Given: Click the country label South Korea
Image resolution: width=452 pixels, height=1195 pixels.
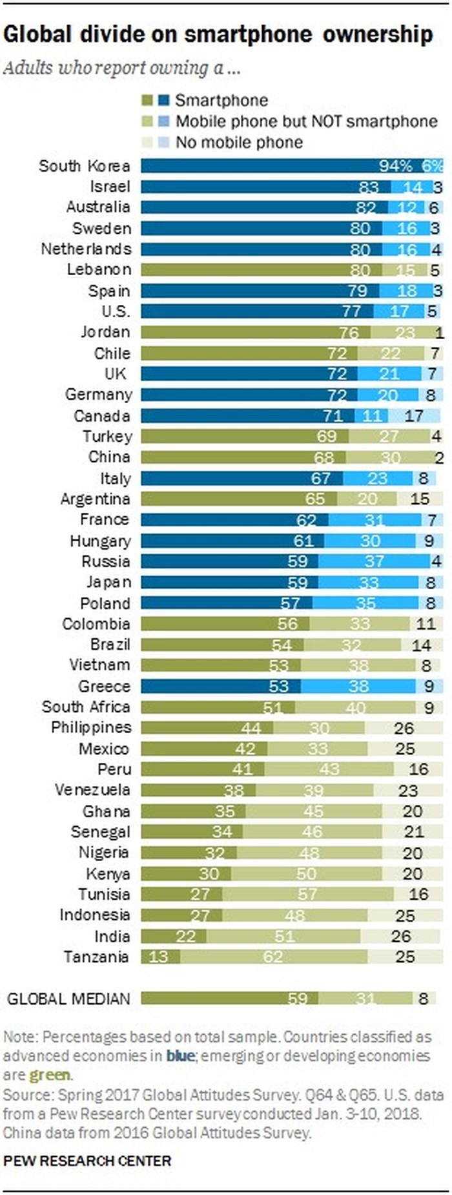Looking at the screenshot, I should [84, 166].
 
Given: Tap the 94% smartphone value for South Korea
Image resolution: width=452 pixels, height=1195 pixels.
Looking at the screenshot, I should [395, 166].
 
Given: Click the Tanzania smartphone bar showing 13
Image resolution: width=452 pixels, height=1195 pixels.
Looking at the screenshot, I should [159, 957].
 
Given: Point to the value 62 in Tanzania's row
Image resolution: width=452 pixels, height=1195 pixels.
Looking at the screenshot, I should [273, 957].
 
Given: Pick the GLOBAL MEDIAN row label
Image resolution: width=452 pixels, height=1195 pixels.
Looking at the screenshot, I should [68, 999].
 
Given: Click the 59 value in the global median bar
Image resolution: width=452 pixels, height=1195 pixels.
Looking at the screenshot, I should [298, 999].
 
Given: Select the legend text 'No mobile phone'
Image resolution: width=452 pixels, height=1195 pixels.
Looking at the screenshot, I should [239, 142].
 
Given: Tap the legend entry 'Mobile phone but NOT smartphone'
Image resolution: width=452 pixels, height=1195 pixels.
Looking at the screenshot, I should [306, 121].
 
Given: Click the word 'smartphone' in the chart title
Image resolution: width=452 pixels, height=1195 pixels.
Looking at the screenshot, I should [251, 34].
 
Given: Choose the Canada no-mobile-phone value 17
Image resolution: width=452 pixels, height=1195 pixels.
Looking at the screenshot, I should [414, 415].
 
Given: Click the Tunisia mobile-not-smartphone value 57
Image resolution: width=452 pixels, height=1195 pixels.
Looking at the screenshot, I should [307, 894].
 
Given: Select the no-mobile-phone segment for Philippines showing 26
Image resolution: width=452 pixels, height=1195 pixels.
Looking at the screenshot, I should [404, 728].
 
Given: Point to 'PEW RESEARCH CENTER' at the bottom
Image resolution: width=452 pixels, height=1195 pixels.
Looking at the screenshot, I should [87, 1161].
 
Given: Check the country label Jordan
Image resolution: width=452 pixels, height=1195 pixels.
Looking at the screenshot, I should [105, 332].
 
